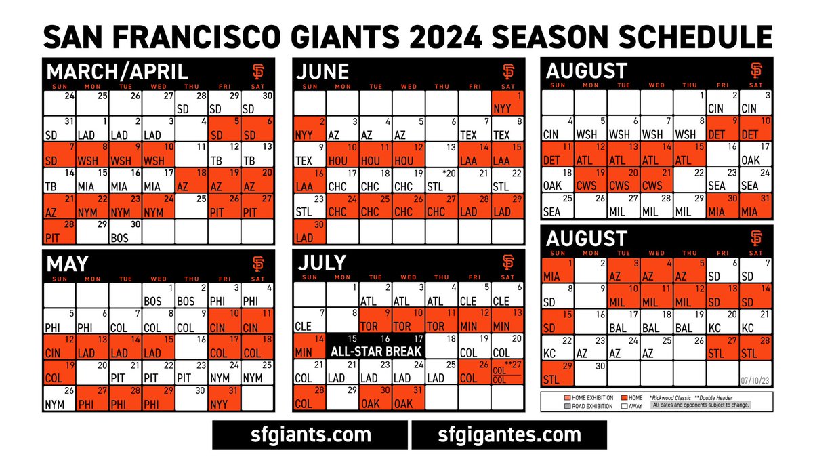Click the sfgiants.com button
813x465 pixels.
tap(310, 434)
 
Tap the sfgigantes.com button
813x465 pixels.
tap(509, 434)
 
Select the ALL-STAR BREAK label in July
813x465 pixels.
tap(376, 351)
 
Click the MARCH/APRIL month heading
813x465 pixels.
tap(117, 72)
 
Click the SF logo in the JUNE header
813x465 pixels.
tap(509, 71)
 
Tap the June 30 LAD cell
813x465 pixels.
tap(310, 232)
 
